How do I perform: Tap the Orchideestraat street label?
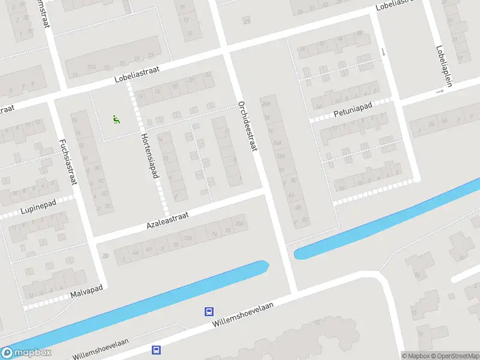[x=247, y=125]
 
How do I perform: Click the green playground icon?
[x=116, y=119]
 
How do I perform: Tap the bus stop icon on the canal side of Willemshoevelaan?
[x=209, y=311]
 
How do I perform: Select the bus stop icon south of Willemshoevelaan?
[x=156, y=350]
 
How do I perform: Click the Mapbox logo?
[x=26, y=353]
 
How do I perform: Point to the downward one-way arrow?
[x=383, y=53]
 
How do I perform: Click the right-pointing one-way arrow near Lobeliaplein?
[x=440, y=91]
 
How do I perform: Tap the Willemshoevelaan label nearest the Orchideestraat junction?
[x=242, y=314]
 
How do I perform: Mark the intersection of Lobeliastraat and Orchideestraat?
[x=227, y=53]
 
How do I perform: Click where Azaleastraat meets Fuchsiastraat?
[x=94, y=241]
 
